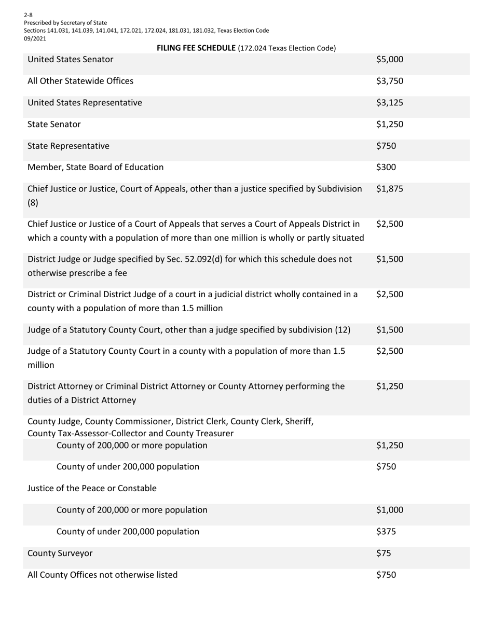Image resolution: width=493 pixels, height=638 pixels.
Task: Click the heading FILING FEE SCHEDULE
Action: tap(196, 48)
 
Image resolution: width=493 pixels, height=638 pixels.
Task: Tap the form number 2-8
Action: tap(28, 15)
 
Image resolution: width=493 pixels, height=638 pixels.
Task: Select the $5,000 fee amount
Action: tap(389, 60)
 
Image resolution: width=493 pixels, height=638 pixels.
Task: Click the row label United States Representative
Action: tap(85, 103)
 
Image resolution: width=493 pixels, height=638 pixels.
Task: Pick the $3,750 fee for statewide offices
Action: tap(389, 81)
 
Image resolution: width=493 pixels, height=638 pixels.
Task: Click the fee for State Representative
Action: tap(386, 146)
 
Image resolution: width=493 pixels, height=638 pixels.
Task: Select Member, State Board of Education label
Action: tap(95, 168)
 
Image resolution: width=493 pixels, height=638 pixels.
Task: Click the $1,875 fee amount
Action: tap(389, 189)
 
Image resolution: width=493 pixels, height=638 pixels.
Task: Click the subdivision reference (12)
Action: tap(343, 330)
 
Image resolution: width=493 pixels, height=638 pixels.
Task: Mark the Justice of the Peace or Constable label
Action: tap(92, 488)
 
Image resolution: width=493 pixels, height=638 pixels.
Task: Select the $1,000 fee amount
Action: tap(389, 510)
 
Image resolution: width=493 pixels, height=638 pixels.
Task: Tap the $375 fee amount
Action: tap(386, 532)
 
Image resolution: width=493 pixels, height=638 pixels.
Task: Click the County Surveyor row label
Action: tap(60, 553)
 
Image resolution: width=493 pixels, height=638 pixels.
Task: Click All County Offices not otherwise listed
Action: tap(102, 575)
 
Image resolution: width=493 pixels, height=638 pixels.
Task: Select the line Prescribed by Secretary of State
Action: tap(65, 23)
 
